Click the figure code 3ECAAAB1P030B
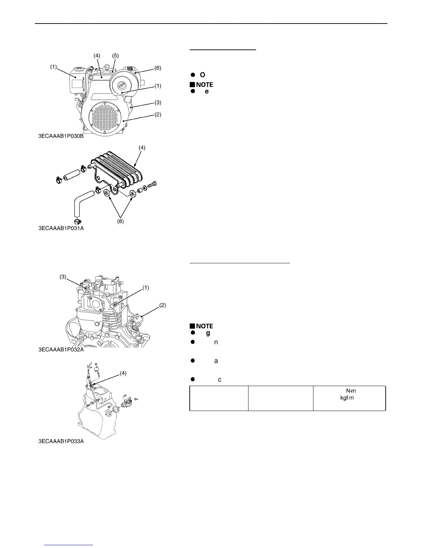(61, 136)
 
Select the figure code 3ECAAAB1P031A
(61, 228)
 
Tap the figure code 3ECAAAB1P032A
(61, 350)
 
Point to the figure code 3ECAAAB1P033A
(61, 442)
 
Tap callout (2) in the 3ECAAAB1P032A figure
(162, 305)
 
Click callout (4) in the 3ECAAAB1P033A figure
(123, 373)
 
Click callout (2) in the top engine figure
(158, 115)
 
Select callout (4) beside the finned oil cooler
(142, 147)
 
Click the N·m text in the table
(351, 391)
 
